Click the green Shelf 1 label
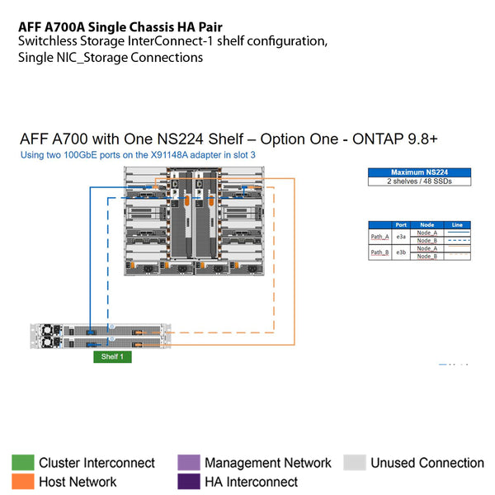click(x=111, y=357)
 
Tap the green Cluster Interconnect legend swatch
click(x=23, y=463)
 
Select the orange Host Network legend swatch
click(x=23, y=482)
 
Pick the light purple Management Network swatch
click(x=189, y=463)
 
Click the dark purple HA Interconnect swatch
click(x=189, y=482)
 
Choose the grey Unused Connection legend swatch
click(x=355, y=463)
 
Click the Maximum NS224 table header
click(x=418, y=172)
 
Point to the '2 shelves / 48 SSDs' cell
click(x=418, y=181)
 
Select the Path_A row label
click(x=379, y=237)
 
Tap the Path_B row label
click(x=379, y=252)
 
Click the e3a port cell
click(x=401, y=237)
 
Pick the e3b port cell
click(x=401, y=252)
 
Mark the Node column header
click(x=427, y=224)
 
